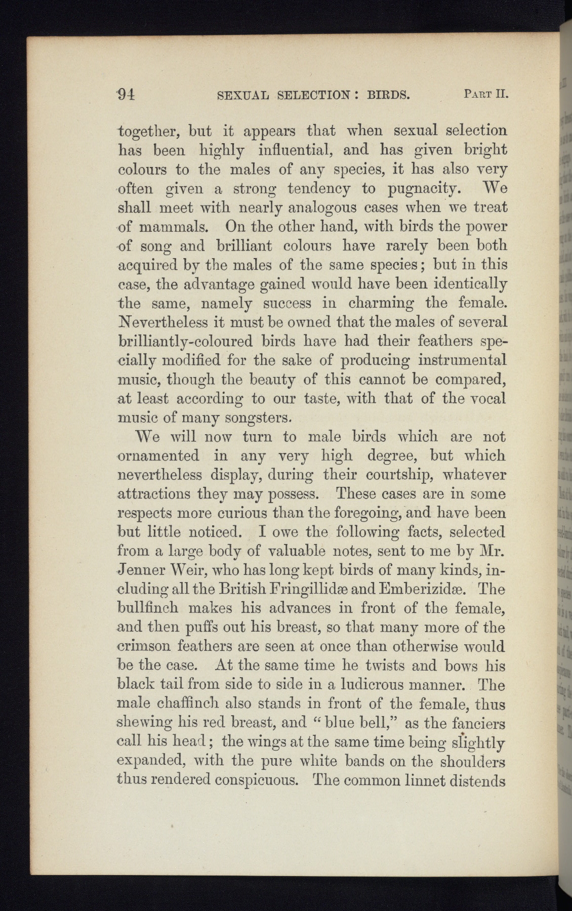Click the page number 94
pos(124,95)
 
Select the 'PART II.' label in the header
pos(485,94)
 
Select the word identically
pos(466,284)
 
